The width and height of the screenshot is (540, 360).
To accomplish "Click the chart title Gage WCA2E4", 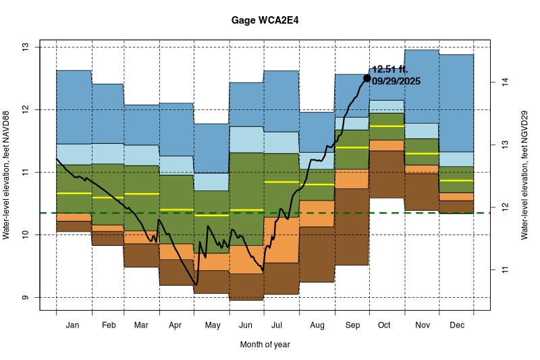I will tap(265, 20).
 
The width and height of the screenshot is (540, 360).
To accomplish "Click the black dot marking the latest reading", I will tap(367, 78).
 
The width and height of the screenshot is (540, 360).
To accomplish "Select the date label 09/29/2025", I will tap(396, 81).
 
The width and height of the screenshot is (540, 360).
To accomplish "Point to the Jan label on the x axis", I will tap(74, 326).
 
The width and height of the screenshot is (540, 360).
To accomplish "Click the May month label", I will tap(212, 326).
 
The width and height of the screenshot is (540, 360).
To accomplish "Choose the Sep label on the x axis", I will tap(352, 326).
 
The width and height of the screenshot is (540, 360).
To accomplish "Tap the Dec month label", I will tap(456, 326).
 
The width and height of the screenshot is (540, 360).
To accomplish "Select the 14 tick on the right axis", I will tap(503, 82).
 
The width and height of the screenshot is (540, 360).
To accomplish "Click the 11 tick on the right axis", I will tap(503, 270).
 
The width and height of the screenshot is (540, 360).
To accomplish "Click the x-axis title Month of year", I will tap(265, 344).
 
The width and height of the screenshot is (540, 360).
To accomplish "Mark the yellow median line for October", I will tap(387, 126).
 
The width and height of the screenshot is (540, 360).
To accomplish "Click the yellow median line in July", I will tap(281, 182).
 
